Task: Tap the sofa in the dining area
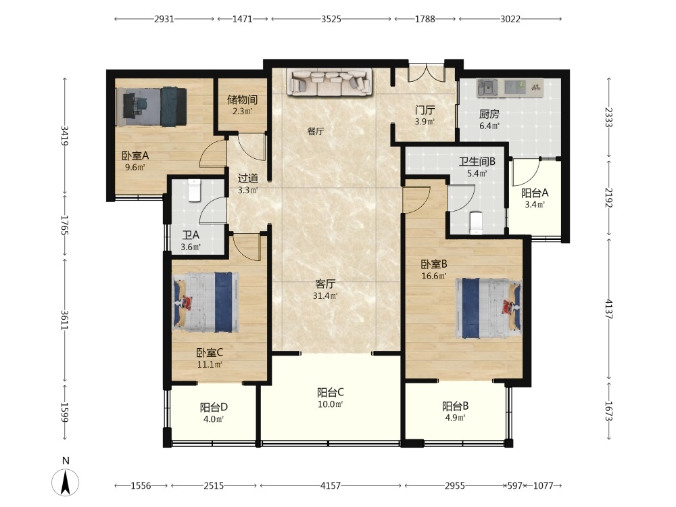tap(331, 82)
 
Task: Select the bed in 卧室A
tap(151, 107)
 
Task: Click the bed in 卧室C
tap(206, 301)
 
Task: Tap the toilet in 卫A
tap(195, 190)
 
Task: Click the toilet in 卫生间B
tap(476, 222)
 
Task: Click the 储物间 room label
tap(242, 99)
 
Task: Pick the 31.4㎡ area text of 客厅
tap(325, 296)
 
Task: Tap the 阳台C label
tap(331, 392)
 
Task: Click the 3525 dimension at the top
tap(331, 19)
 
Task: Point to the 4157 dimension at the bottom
tap(331, 486)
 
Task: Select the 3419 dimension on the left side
tap(65, 135)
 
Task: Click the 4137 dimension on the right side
tap(609, 309)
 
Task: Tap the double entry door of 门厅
tap(427, 73)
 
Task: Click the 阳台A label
tap(535, 193)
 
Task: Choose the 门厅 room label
tap(425, 110)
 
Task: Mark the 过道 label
tap(248, 178)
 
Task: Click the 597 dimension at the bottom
tap(514, 486)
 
